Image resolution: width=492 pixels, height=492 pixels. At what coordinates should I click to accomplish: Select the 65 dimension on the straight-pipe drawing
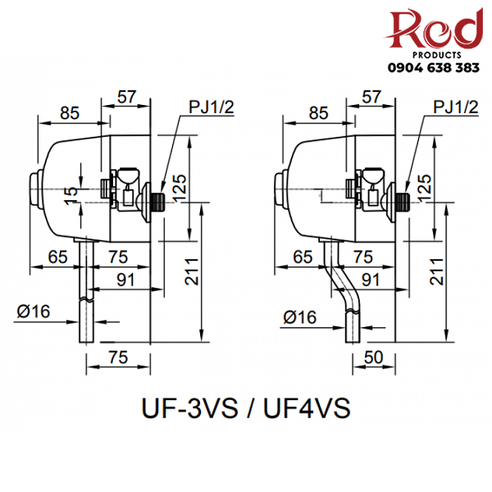pos(57,257)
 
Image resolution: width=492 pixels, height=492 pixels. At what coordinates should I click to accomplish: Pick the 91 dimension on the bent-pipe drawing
pos(371,279)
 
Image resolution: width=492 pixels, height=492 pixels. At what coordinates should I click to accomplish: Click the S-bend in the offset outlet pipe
pos(340,279)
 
